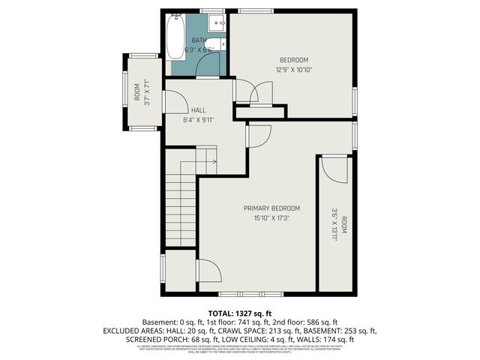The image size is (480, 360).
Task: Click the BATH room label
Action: (x=199, y=40)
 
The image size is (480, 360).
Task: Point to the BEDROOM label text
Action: (x=294, y=60)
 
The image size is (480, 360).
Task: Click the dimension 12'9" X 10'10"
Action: (x=294, y=70)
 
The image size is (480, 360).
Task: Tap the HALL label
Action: (x=198, y=109)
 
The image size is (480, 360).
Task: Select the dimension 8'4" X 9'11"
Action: (x=198, y=119)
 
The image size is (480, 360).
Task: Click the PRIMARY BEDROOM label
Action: (x=271, y=208)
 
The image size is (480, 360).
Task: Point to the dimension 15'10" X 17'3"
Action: (x=271, y=218)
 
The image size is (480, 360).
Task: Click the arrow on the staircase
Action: (x=213, y=160)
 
